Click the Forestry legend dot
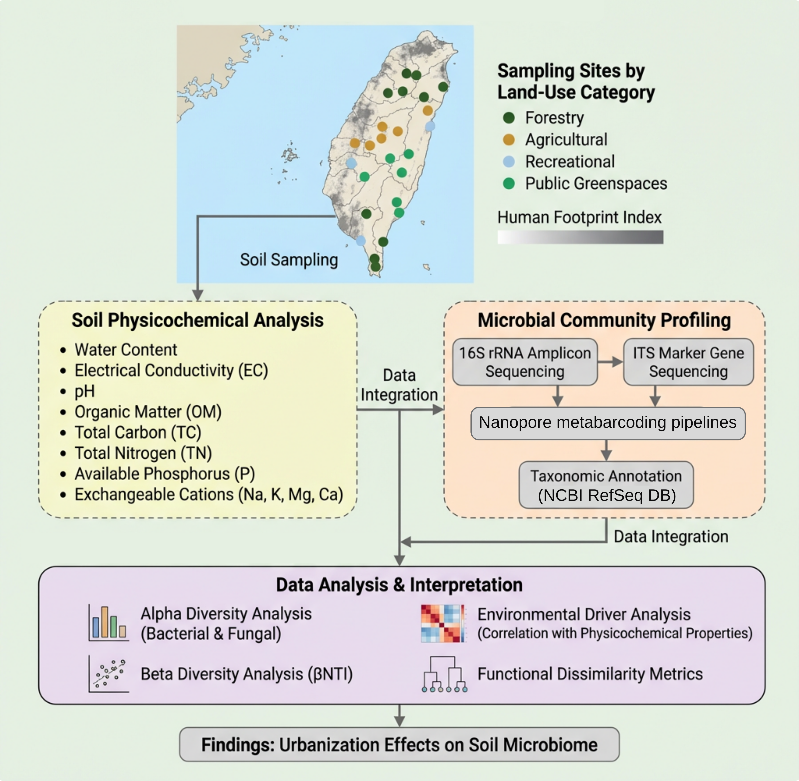coord(509,118)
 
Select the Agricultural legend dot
coord(509,139)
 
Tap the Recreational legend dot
coord(509,162)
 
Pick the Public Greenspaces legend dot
coord(509,183)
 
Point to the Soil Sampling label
coord(289,260)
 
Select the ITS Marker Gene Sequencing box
coord(688,362)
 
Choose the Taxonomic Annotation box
coord(606,485)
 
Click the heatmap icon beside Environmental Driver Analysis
coord(443,623)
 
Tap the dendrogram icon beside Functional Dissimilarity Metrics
coord(444,674)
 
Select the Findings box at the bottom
coord(399,745)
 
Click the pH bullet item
coord(85,391)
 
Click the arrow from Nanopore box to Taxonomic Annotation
coord(606,450)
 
